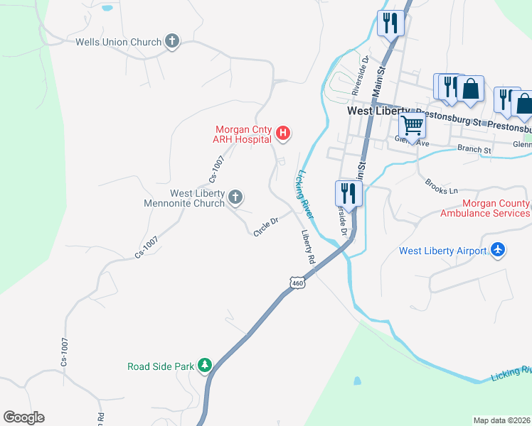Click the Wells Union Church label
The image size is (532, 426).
pyautogui.click(x=119, y=42)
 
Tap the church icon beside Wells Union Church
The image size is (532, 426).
pyautogui.click(x=171, y=42)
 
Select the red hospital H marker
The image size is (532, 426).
pyautogui.click(x=283, y=133)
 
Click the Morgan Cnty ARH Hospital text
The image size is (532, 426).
pyautogui.click(x=244, y=133)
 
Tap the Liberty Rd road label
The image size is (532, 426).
pyautogui.click(x=307, y=247)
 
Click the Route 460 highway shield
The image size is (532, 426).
pyautogui.click(x=297, y=283)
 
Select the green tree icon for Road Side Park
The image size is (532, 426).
pyautogui.click(x=205, y=366)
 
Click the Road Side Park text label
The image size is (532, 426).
pyautogui.click(x=161, y=366)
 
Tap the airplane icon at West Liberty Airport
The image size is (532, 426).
pyautogui.click(x=498, y=250)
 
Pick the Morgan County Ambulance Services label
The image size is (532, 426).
pyautogui.click(x=485, y=208)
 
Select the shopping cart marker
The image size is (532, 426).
pyautogui.click(x=412, y=126)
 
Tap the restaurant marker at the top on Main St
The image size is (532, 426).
pyautogui.click(x=390, y=23)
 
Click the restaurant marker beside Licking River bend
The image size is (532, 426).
pyautogui.click(x=349, y=192)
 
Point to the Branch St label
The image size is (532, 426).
pyautogui.click(x=474, y=150)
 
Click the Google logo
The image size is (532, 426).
pyautogui.click(x=23, y=417)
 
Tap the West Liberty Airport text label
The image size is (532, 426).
pyautogui.click(x=442, y=251)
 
